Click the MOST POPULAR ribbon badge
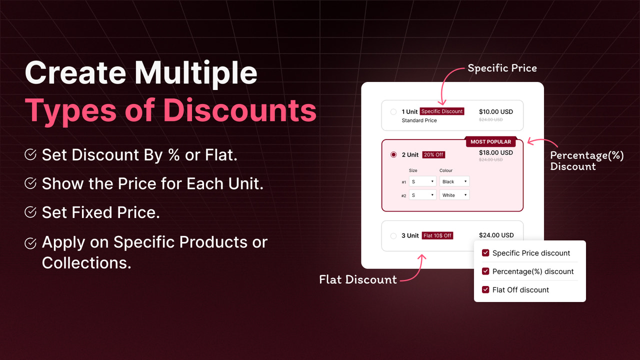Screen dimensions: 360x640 490,142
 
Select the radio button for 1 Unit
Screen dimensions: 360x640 393,112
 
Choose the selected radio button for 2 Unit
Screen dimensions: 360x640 393,155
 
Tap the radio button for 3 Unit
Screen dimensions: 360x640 393,235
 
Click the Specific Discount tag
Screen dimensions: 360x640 442,111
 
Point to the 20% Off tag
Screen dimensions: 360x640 433,155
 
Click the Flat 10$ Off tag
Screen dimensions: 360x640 437,235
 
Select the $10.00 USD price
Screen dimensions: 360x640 495,111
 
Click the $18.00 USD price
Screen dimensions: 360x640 495,152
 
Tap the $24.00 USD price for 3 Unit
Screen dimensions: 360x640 496,235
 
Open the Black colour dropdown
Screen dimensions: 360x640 454,181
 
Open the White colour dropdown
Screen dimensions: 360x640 454,195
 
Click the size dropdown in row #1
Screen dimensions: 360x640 422,181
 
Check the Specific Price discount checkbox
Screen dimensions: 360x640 485,253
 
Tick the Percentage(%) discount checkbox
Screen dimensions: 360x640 485,271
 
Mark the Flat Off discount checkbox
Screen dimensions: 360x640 485,289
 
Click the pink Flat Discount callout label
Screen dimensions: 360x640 358,279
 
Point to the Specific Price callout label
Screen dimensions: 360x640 502,68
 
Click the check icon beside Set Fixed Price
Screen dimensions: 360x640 30,212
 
